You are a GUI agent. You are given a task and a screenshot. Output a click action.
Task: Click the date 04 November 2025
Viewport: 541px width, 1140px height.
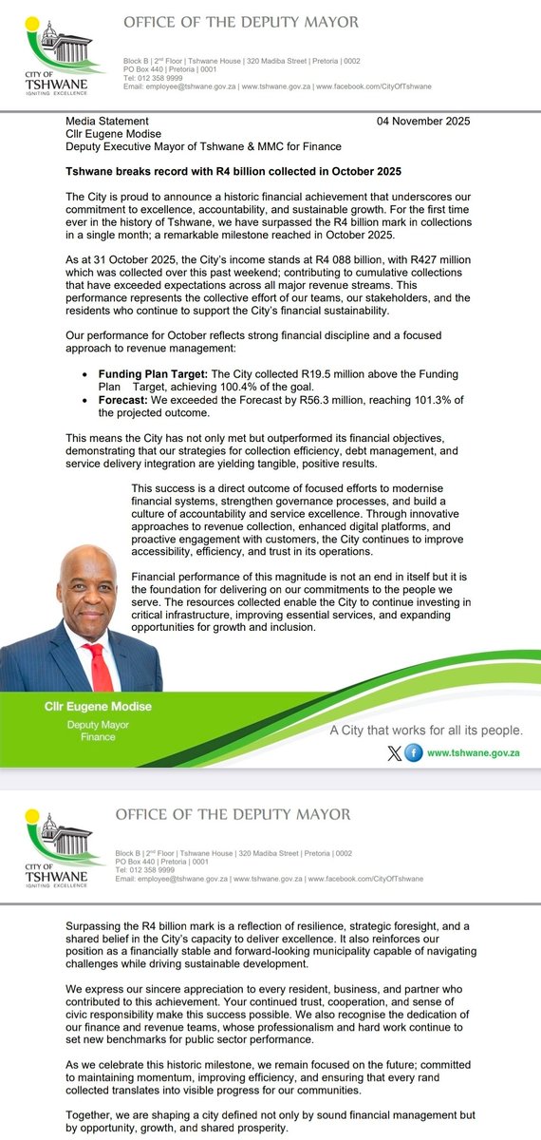(x=422, y=121)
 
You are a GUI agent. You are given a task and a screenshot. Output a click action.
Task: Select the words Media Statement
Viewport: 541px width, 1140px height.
(x=107, y=121)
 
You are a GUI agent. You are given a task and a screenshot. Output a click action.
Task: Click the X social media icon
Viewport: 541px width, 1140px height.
(x=395, y=752)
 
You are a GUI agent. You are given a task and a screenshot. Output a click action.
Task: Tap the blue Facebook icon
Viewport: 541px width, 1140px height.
(x=414, y=752)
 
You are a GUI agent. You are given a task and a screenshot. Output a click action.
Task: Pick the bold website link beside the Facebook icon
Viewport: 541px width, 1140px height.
(x=475, y=752)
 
